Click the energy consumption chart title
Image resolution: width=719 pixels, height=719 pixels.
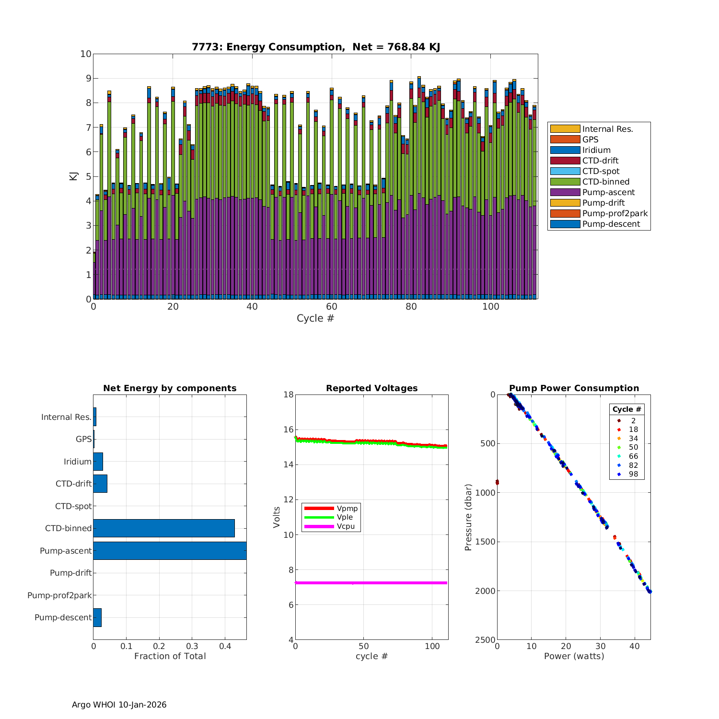[316, 47]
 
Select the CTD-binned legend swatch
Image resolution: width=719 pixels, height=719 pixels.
[565, 182]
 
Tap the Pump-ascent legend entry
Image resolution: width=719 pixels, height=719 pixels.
[608, 192]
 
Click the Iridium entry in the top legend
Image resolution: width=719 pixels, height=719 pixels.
[596, 150]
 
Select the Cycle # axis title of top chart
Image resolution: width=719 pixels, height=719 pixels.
[315, 318]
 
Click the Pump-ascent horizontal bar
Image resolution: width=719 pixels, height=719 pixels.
[170, 551]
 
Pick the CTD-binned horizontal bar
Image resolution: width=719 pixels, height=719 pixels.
[164, 528]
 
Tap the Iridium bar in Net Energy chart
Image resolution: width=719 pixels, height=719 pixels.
[98, 462]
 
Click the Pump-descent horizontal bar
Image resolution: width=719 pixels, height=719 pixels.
[97, 617]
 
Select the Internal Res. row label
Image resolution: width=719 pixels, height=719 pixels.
[66, 417]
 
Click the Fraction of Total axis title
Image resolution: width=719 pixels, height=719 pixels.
[170, 656]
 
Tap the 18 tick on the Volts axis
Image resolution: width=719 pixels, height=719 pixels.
[289, 394]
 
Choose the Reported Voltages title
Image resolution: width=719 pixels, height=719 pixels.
[371, 388]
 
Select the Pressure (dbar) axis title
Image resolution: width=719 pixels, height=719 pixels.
[468, 517]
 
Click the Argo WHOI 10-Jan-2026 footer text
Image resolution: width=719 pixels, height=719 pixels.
[119, 705]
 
